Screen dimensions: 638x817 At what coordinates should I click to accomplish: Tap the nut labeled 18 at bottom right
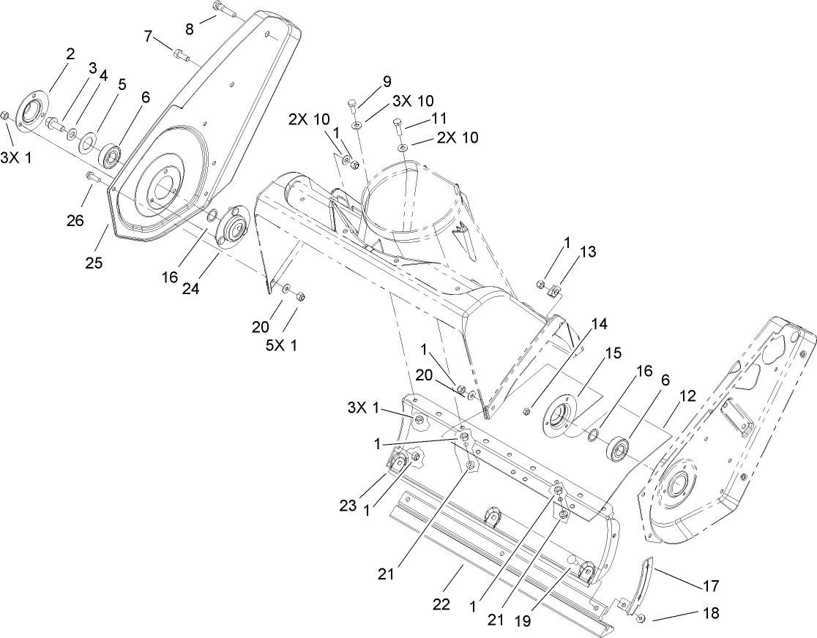(x=641, y=619)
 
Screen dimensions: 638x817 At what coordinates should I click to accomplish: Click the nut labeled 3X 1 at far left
(x=5, y=116)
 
